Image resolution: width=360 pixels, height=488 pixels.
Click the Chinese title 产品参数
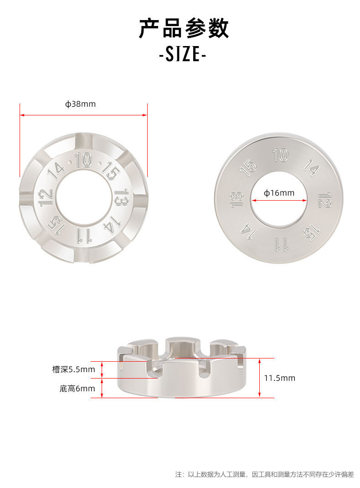point(184,28)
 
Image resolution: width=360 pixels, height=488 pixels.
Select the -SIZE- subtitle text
point(182,54)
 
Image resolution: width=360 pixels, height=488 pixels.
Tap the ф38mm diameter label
point(80,104)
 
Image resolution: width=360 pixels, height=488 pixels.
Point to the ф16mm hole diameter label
point(279,193)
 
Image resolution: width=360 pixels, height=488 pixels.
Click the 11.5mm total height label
point(280,378)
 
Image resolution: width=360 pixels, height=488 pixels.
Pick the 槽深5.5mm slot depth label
point(73,369)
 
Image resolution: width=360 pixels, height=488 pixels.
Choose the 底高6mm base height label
point(77,389)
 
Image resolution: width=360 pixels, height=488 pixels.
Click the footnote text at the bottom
point(264,474)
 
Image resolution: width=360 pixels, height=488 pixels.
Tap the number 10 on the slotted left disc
point(83,160)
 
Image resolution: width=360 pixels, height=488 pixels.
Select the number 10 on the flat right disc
point(280,155)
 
